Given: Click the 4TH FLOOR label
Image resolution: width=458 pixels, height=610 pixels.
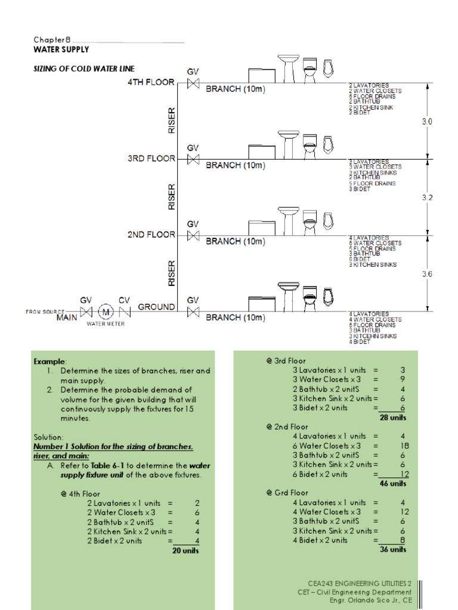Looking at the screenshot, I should click(151, 82).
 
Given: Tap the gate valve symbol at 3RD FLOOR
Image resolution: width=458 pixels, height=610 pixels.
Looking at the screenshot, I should click(193, 160).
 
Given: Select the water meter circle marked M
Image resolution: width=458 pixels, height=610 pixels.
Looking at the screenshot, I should click(106, 312).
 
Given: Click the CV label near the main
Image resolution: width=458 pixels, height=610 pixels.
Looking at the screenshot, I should click(124, 300).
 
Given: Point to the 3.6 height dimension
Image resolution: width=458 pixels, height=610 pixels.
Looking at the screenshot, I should click(427, 274).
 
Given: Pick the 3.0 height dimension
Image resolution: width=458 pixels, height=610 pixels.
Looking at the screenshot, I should click(427, 121).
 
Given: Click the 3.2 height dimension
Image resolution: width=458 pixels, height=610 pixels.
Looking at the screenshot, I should click(427, 197).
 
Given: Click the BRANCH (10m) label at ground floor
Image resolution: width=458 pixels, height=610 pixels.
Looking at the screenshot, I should click(236, 318).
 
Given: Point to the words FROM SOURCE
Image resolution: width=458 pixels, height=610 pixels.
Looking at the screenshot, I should click(45, 312).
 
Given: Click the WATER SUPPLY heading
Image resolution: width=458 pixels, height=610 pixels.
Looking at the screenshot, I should click(61, 49).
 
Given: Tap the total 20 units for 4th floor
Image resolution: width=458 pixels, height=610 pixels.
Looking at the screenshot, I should click(185, 550).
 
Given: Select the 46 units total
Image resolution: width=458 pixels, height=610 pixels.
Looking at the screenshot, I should click(393, 483).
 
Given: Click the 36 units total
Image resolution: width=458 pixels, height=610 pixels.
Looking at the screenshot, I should click(393, 549).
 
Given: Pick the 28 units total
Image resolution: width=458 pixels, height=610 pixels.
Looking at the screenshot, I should click(393, 417).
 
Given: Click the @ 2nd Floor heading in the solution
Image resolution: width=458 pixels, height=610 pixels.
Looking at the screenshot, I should click(287, 427).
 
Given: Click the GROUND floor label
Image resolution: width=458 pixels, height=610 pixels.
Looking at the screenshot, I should click(156, 307).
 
